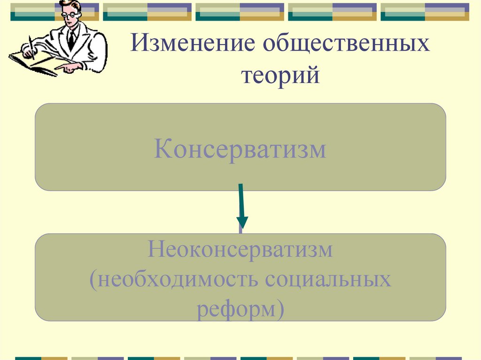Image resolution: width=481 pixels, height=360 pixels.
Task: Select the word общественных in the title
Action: (346, 46)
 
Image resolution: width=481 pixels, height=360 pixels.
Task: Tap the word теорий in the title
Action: (280, 75)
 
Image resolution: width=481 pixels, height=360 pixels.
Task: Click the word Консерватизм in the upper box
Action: (240, 149)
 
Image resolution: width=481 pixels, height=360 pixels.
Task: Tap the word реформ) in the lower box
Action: (240, 310)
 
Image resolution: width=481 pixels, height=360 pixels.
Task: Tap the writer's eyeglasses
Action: (70, 14)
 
